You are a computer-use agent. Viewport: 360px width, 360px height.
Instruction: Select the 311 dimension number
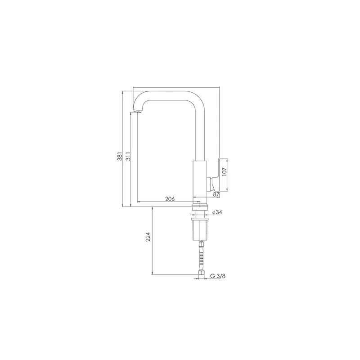coord(128,156)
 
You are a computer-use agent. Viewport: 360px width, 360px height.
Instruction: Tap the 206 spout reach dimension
coord(170,199)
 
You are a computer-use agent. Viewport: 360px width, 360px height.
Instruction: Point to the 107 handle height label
coord(224,171)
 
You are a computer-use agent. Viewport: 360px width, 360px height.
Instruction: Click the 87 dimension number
coord(216,194)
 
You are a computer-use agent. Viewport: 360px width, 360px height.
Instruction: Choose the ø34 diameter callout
coord(217,212)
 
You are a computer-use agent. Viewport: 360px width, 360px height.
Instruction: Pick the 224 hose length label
coord(148,237)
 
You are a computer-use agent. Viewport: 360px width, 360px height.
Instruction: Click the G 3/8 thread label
coord(218,276)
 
